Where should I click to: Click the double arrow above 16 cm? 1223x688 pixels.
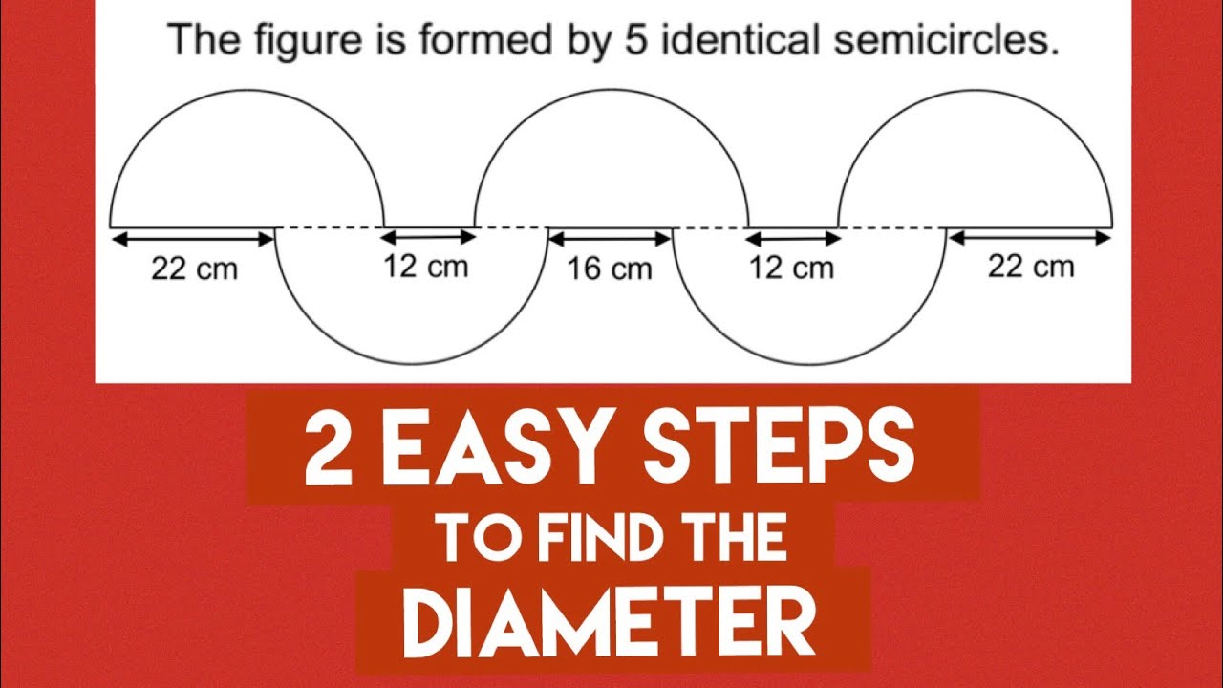[x=610, y=237]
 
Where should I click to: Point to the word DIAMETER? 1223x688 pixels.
[x=610, y=621]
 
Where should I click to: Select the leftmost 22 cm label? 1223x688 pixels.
[x=194, y=269]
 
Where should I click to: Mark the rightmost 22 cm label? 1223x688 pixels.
[x=1031, y=267]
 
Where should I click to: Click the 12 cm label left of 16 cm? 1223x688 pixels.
[x=426, y=267]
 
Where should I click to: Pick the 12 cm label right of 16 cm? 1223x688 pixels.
[x=791, y=269]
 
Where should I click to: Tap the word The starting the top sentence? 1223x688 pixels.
[x=199, y=42]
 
